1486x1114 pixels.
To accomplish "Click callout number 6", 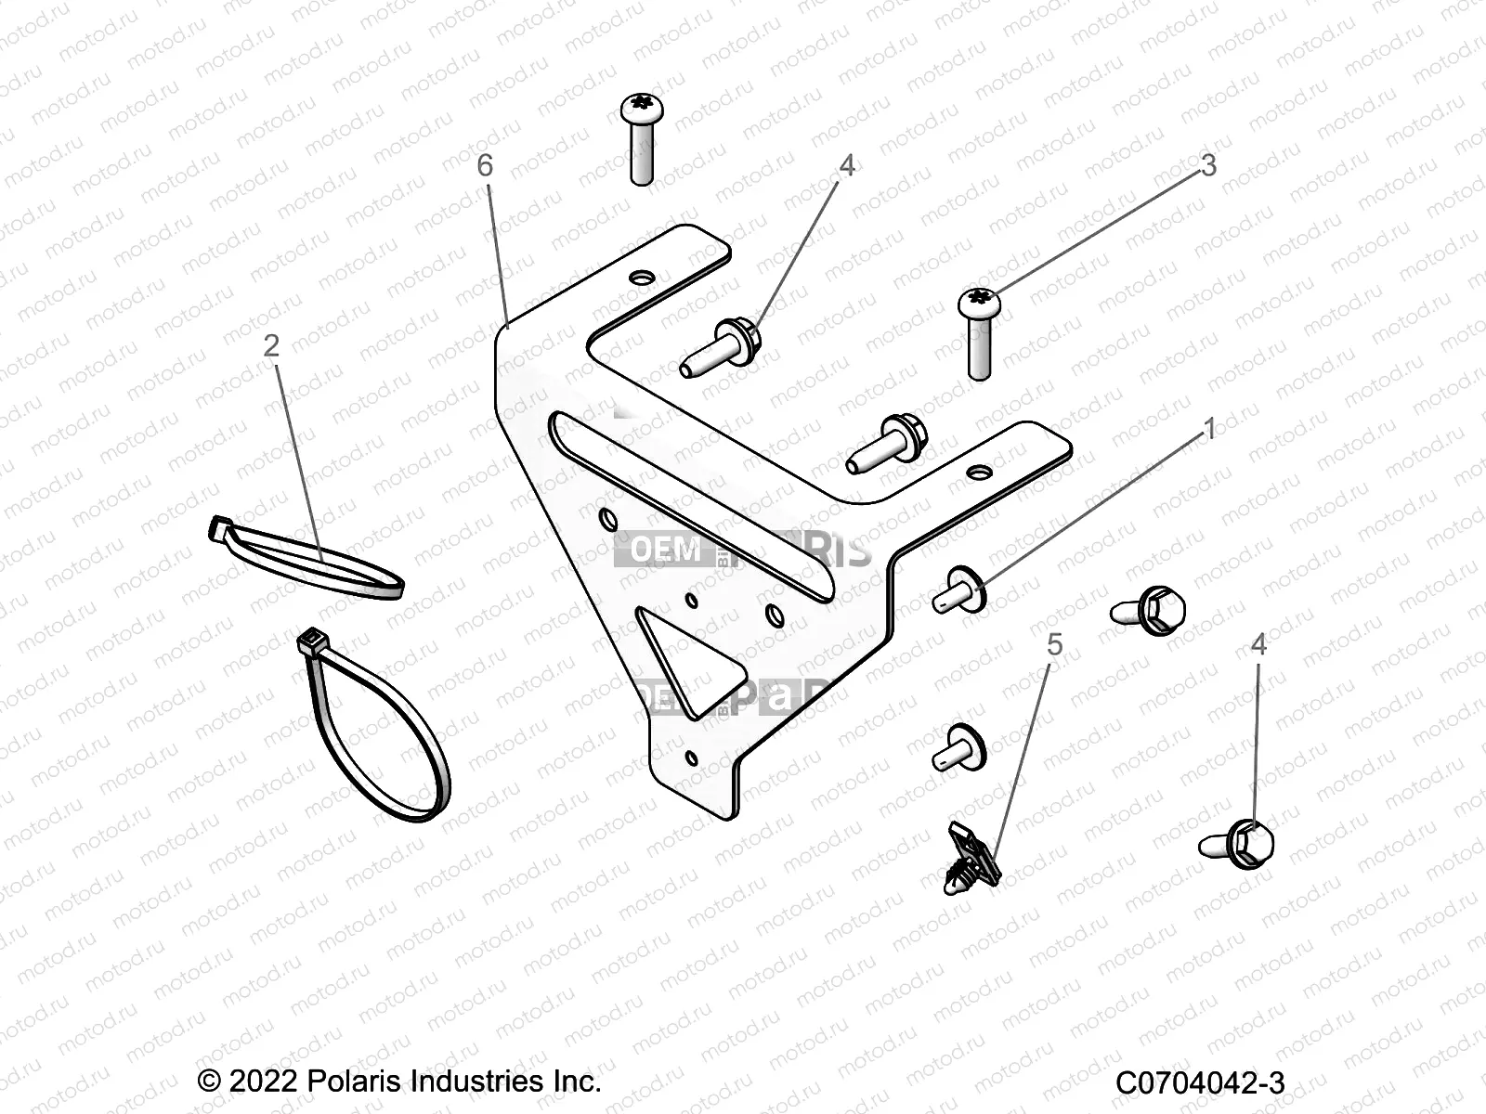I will point(485,166).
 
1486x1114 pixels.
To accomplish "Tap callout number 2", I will point(271,346).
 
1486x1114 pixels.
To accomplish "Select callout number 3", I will point(1207,166).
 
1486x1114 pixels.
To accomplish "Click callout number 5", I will point(1054,644).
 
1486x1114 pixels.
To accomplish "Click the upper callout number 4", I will point(846,166).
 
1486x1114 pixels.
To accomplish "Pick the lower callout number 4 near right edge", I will point(1258,644).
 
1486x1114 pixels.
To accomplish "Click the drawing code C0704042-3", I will point(1200,1083).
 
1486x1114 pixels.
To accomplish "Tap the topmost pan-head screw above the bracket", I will point(640,110).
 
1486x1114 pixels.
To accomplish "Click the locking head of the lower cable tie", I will point(309,642).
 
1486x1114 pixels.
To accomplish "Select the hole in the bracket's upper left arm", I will point(640,278).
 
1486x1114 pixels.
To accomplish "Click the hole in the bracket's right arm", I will point(974,473).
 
